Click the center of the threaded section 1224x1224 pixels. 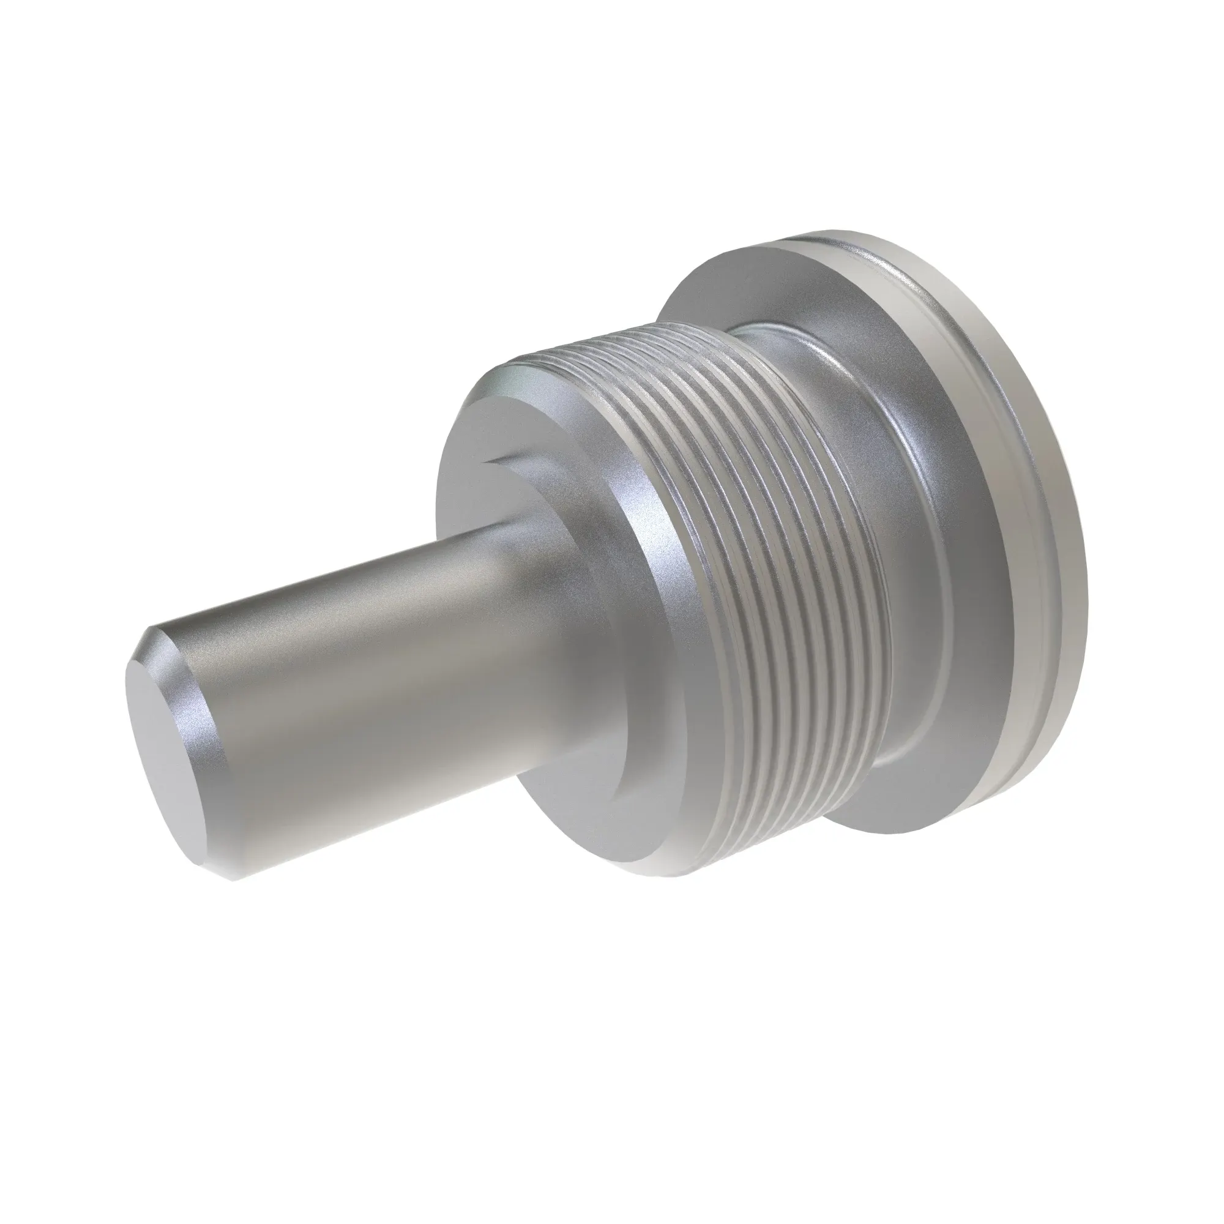point(760,570)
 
